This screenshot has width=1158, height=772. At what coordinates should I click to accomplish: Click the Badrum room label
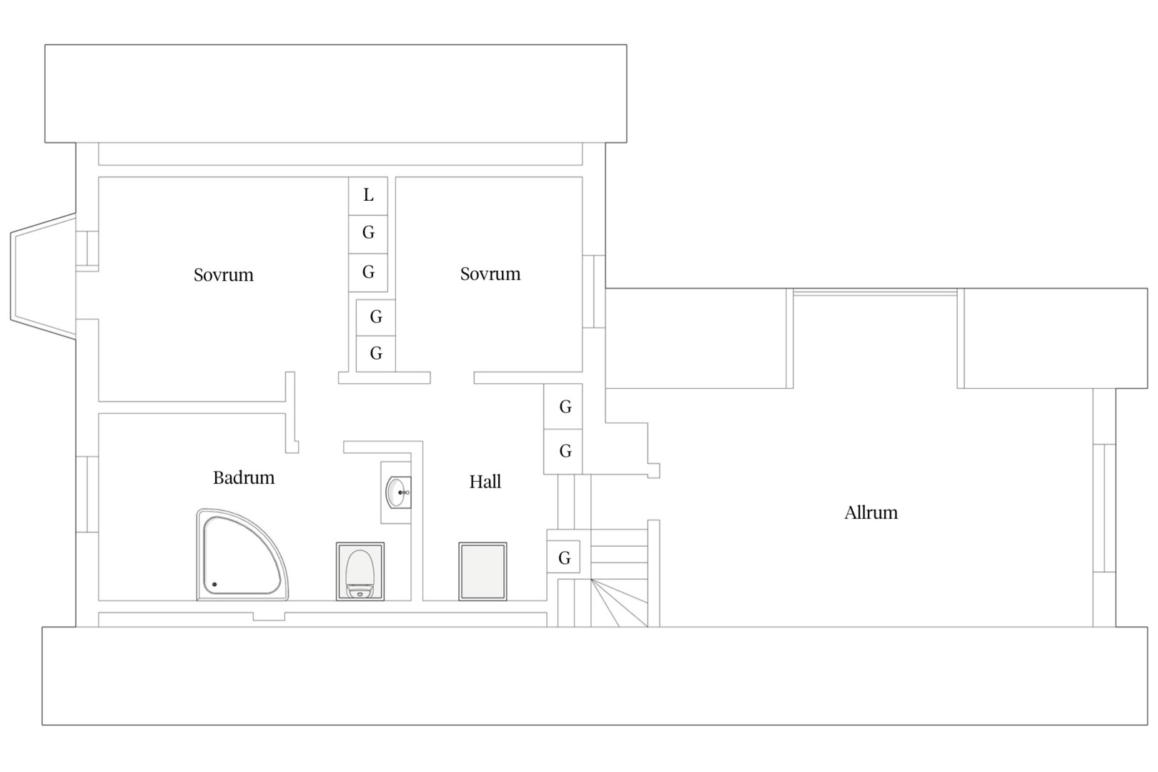pyautogui.click(x=244, y=477)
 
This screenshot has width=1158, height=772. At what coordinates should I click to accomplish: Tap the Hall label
pyautogui.click(x=485, y=482)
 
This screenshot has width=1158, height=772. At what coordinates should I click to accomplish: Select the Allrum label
pyautogui.click(x=871, y=513)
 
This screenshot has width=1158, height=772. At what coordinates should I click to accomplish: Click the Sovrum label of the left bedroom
pyautogui.click(x=223, y=274)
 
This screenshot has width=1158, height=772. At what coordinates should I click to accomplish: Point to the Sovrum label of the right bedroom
pyautogui.click(x=490, y=274)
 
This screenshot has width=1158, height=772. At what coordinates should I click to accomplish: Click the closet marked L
pyautogui.click(x=368, y=196)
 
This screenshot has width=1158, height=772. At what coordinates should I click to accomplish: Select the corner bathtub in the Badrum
pyautogui.click(x=242, y=555)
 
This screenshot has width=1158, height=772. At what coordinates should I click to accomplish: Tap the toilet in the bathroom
pyautogui.click(x=360, y=571)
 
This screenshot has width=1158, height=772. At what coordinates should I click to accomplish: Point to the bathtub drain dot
pyautogui.click(x=214, y=584)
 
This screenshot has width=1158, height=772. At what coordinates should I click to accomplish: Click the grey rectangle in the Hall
pyautogui.click(x=482, y=571)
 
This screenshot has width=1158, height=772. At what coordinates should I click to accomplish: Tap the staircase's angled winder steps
pyautogui.click(x=619, y=603)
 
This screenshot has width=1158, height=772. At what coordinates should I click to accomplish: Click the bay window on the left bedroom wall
pyautogui.click(x=44, y=276)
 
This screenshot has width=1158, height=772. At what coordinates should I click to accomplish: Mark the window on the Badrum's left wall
pyautogui.click(x=87, y=495)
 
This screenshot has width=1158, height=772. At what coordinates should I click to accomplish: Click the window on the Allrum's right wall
pyautogui.click(x=1104, y=508)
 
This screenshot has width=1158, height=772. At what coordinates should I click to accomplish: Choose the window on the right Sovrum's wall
pyautogui.click(x=594, y=292)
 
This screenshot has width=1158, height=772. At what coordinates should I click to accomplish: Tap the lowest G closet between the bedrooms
pyautogui.click(x=376, y=354)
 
